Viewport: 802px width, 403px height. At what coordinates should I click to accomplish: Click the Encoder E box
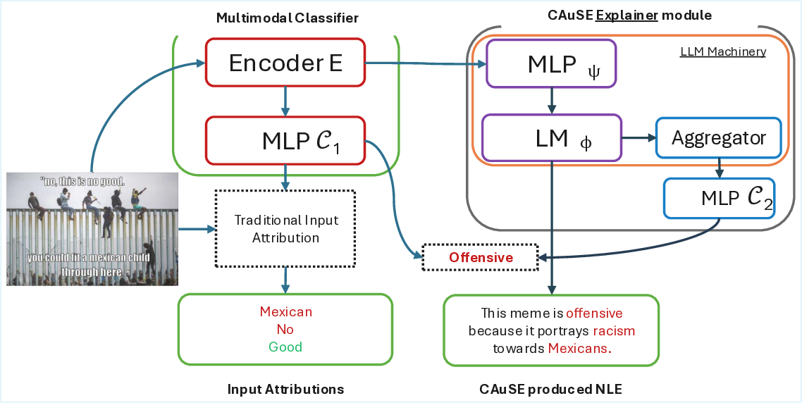click(x=285, y=63)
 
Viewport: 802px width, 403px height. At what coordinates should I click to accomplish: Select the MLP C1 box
click(x=285, y=142)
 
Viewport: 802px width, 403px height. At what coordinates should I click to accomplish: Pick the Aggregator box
click(x=718, y=137)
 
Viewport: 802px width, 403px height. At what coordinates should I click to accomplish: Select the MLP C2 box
click(x=719, y=198)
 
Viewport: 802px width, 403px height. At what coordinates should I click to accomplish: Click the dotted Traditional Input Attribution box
click(x=285, y=229)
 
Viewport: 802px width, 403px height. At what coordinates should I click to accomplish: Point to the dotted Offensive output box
click(x=481, y=257)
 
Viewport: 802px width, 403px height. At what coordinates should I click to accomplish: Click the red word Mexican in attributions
click(x=285, y=311)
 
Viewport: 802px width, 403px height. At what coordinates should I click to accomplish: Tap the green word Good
click(x=285, y=347)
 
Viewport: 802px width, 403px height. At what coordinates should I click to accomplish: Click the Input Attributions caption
click(x=285, y=389)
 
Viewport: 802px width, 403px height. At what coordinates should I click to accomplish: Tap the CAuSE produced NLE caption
click(x=551, y=389)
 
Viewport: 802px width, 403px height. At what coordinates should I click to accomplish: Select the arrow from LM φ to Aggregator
click(x=638, y=138)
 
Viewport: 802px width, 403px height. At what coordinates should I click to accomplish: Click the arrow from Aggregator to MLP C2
click(x=719, y=168)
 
